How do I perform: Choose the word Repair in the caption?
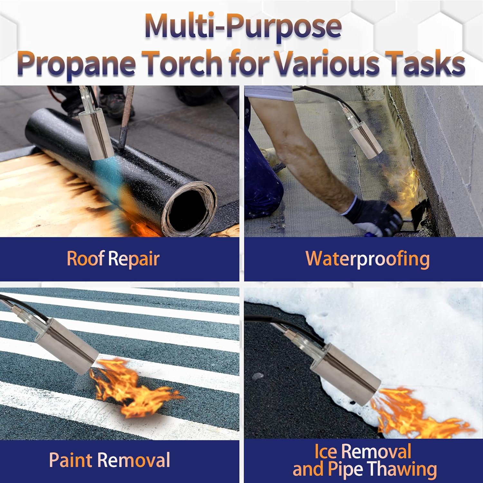[134, 259]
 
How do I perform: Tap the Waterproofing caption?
[367, 259]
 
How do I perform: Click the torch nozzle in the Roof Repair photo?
[98, 134]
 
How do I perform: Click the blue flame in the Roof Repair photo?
[103, 174]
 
